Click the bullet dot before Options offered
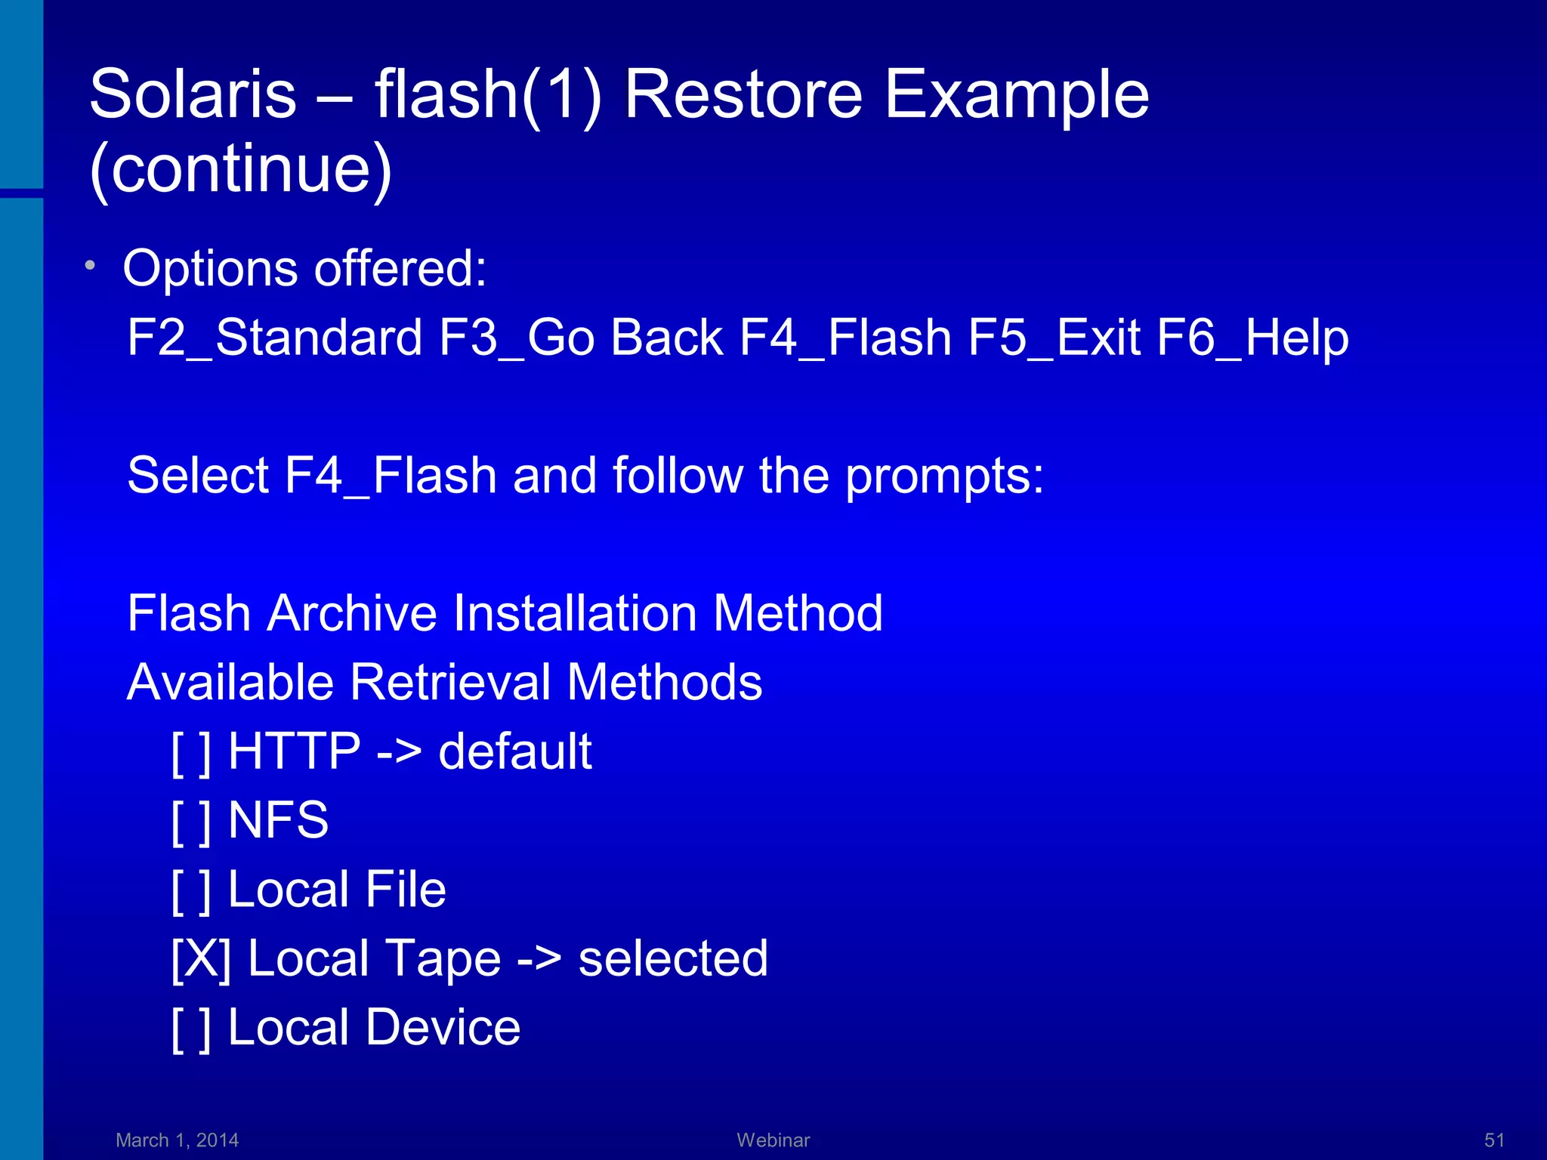pyautogui.click(x=90, y=265)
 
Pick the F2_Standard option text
pyautogui.click(x=274, y=337)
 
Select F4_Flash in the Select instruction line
pyautogui.click(x=390, y=476)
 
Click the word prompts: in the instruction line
pyautogui.click(x=944, y=476)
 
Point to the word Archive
pyautogui.click(x=352, y=612)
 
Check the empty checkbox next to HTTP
pyautogui.click(x=191, y=752)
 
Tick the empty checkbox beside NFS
pyautogui.click(x=191, y=821)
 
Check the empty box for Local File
pyautogui.click(x=191, y=890)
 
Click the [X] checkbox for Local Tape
pyautogui.click(x=201, y=959)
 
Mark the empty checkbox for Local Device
pyautogui.click(x=191, y=1029)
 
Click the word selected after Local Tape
pyautogui.click(x=673, y=959)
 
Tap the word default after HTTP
pyautogui.click(x=515, y=752)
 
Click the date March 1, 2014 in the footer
pyautogui.click(x=177, y=1140)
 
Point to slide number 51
pyautogui.click(x=1494, y=1140)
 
